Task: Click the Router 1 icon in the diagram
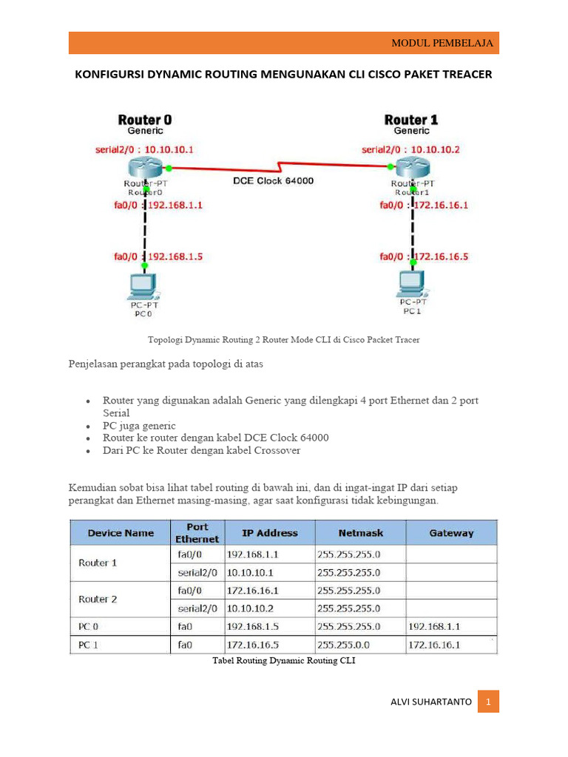click(412, 169)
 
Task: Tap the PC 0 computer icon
click(142, 285)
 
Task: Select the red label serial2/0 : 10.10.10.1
click(144, 149)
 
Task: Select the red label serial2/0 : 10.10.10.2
click(410, 149)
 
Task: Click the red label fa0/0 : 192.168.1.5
click(158, 257)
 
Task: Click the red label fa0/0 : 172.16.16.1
click(424, 206)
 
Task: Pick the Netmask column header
click(359, 532)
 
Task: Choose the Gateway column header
click(451, 532)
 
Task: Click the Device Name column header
click(121, 532)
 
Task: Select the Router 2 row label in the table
click(98, 599)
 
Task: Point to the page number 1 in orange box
click(488, 702)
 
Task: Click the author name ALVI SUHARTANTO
click(430, 702)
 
